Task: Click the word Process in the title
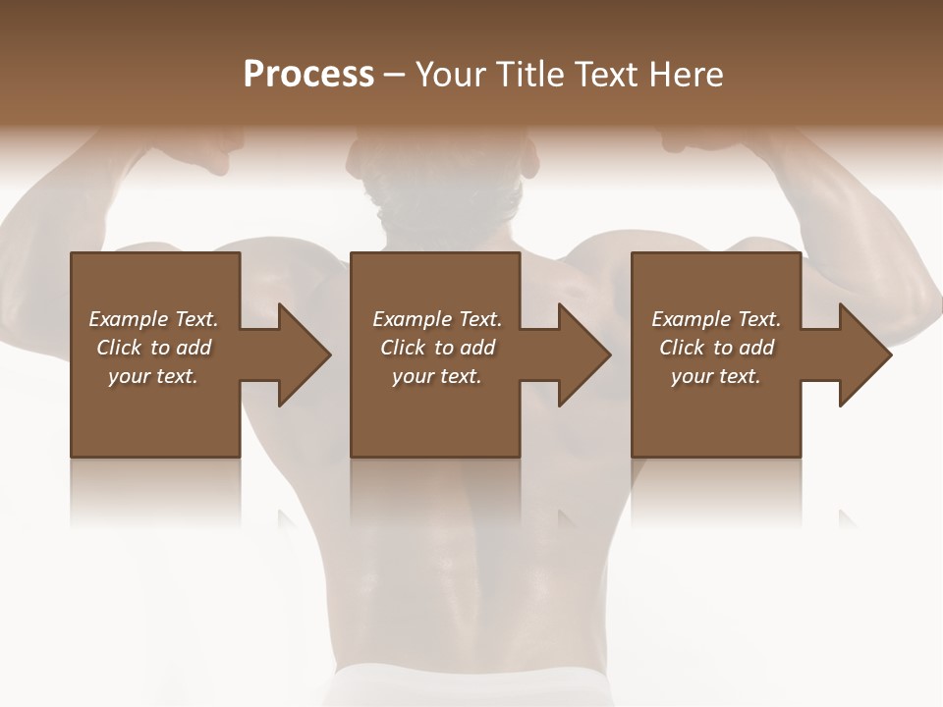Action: coord(308,75)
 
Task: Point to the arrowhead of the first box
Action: coord(303,354)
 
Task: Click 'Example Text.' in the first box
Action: coord(153,319)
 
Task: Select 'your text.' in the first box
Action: coord(153,376)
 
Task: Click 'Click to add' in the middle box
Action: coord(437,348)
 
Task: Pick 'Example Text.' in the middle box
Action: coord(437,319)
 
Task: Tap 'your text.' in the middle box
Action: coord(437,376)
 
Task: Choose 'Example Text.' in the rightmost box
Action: coord(716,319)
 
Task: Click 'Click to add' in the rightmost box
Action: coord(716,348)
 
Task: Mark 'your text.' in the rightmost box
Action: coord(716,376)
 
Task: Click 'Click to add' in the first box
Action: coord(153,348)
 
